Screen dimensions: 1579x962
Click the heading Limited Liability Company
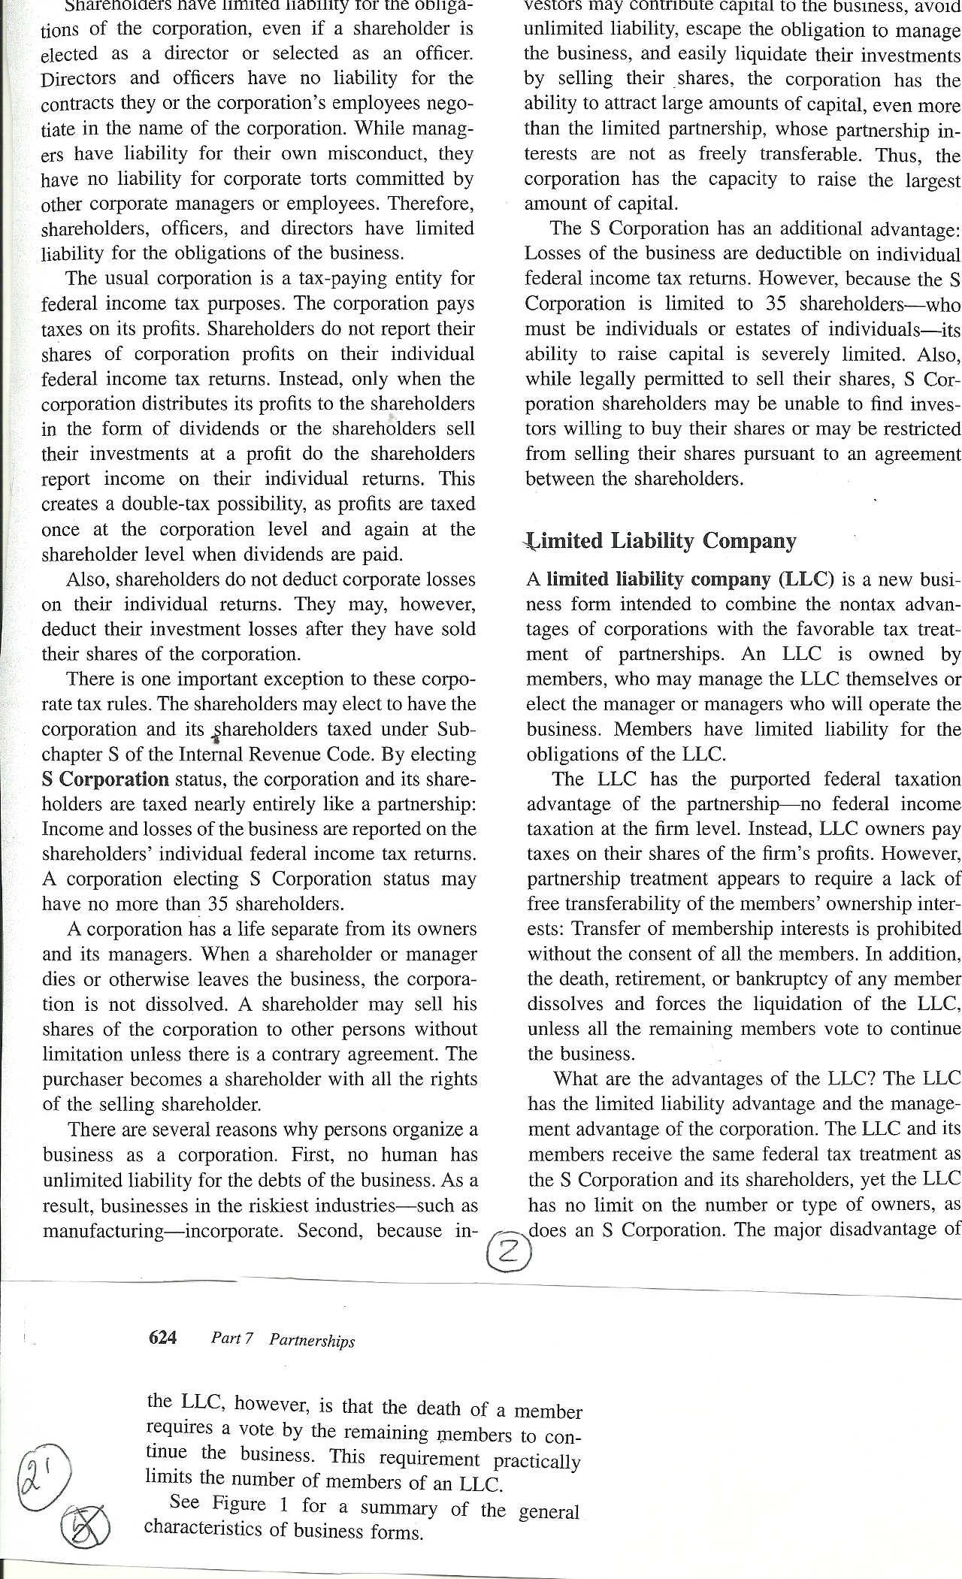[661, 541]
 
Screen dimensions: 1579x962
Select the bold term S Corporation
[105, 779]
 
